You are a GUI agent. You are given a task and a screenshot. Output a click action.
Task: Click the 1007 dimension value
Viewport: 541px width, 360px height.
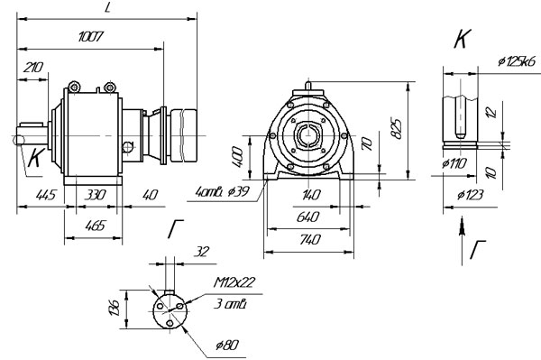click(91, 36)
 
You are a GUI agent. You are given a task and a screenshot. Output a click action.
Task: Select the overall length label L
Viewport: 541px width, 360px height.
click(107, 7)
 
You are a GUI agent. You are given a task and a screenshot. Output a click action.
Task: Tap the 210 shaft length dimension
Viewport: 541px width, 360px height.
click(33, 68)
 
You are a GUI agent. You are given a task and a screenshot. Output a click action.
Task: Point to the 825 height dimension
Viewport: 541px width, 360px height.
click(398, 129)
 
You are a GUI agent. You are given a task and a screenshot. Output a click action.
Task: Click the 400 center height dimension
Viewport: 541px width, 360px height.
click(237, 157)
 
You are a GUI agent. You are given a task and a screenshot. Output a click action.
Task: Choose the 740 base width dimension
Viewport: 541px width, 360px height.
click(309, 239)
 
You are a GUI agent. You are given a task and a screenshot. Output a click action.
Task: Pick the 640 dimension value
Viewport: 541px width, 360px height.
click(307, 217)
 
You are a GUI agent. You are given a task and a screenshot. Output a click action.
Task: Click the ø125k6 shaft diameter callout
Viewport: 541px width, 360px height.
click(517, 61)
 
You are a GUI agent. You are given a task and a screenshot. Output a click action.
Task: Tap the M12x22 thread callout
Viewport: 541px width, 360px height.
click(234, 282)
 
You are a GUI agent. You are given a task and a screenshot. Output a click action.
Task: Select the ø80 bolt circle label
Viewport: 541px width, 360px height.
click(227, 345)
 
